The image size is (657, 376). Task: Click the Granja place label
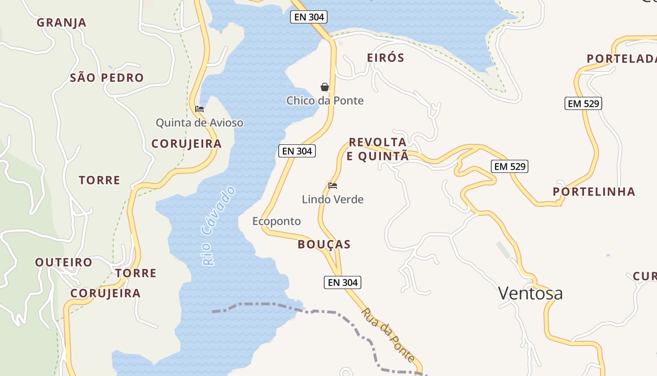61,23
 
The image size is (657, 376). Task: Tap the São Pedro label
107,78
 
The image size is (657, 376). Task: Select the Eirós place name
385,58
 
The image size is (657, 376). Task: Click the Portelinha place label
594,192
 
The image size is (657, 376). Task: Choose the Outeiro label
64,262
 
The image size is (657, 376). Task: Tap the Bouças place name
324,244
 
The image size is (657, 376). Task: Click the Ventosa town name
530,294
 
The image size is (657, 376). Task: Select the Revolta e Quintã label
378,149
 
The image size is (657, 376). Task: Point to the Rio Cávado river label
218,226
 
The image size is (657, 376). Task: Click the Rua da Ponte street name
388,335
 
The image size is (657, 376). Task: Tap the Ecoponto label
276,221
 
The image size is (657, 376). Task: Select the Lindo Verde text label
333,200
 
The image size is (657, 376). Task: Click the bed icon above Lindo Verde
333,186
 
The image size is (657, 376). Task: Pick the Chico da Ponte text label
325,101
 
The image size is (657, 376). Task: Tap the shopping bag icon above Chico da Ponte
324,87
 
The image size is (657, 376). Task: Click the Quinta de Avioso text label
199,123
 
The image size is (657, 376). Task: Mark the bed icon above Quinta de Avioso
199,109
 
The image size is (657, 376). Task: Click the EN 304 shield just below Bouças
343,282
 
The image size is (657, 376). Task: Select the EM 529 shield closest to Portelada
583,104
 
